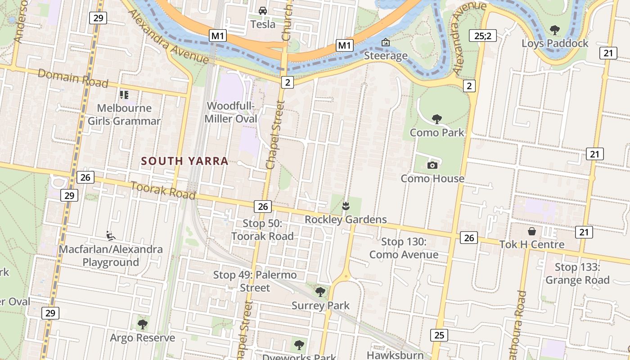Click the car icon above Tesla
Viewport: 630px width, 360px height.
262,11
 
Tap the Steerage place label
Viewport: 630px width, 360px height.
386,56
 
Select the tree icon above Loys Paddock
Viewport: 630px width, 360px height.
554,30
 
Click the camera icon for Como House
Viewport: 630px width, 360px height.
432,165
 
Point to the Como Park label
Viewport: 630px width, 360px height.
436,133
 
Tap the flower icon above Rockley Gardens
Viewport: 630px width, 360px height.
346,207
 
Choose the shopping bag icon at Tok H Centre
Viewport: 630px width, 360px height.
532,231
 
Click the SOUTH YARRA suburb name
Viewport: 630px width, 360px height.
184,161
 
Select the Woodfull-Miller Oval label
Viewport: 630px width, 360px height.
231,112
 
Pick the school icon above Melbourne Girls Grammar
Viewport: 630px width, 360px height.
124,95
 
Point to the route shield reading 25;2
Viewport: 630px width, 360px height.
482,36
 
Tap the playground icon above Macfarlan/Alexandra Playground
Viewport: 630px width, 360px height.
110,235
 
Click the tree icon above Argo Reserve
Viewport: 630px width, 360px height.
142,324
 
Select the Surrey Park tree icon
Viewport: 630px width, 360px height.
320,292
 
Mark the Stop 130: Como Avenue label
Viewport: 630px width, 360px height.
404,248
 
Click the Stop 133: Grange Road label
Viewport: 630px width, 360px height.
577,274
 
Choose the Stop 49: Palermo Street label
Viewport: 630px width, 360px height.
255,281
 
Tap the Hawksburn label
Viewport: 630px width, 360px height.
395,355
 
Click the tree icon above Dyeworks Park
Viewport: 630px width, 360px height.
299,345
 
